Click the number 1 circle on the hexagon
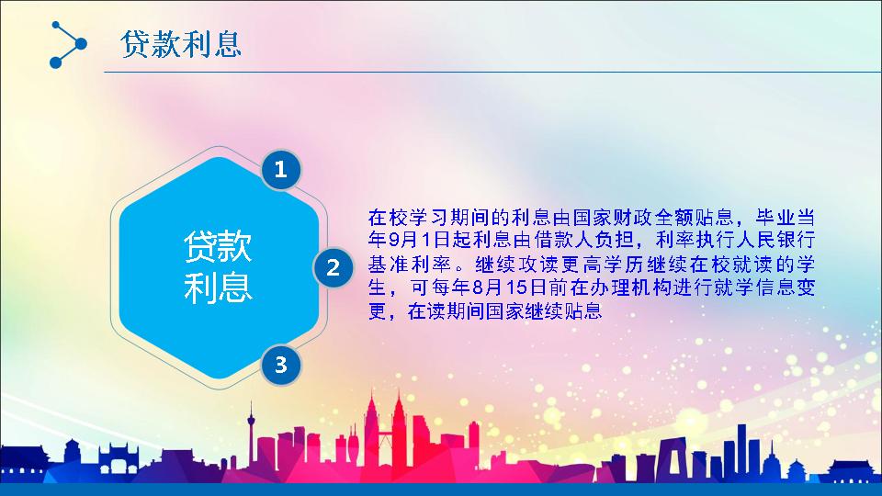pos(281,169)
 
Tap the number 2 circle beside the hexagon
pos(333,267)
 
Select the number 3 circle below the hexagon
pos(281,365)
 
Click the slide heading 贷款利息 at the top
pos(181,44)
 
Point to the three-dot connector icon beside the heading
pos(67,44)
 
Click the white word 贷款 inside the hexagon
pos(218,246)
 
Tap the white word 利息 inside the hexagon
pos(218,287)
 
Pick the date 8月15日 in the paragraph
pos(509,287)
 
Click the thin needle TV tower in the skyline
pos(252,433)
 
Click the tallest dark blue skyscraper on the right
pos(742,452)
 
